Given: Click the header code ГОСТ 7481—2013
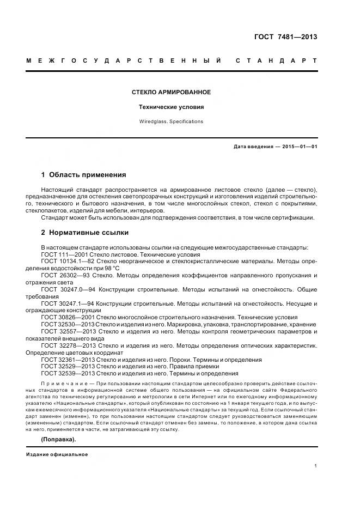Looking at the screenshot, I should click(285, 37).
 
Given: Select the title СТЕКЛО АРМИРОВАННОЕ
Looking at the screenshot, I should click(171, 92).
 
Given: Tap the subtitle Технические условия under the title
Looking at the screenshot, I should click(171, 107).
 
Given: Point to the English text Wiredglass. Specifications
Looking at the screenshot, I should click(171, 122).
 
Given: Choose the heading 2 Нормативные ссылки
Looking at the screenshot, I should click(85, 233).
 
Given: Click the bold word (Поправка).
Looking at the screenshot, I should click(59, 439).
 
